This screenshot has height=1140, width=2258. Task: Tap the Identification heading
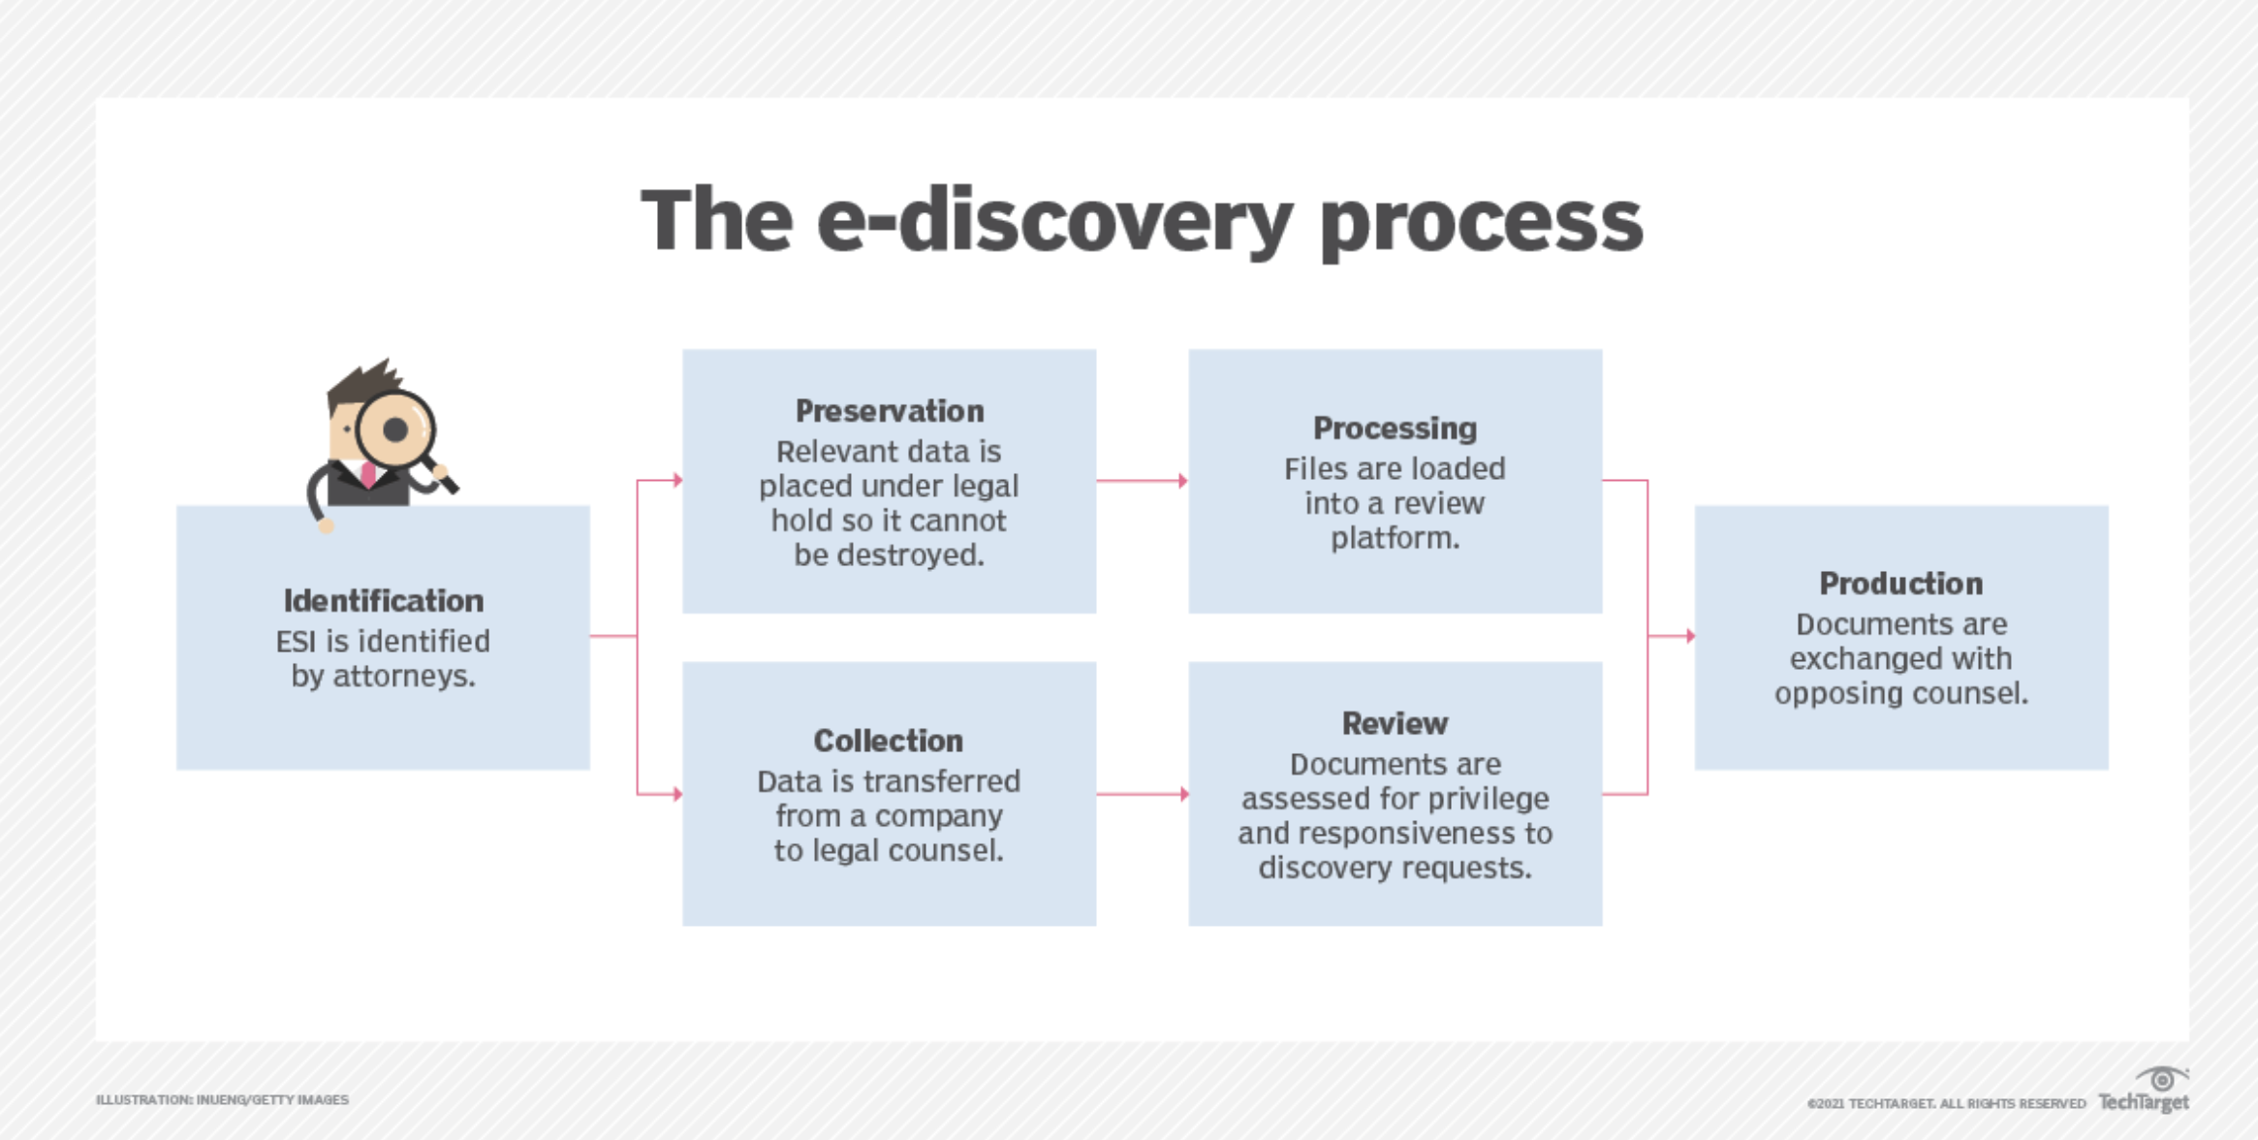tap(383, 601)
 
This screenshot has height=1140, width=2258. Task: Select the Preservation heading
tap(890, 411)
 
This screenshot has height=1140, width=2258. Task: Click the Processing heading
tap(1395, 428)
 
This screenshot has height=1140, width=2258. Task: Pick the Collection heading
tap(889, 741)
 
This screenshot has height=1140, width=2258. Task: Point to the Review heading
tap(1395, 723)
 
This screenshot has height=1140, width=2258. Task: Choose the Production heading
tap(1900, 584)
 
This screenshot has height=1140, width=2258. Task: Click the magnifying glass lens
tap(395, 429)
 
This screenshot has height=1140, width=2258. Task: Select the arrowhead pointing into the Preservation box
tap(678, 480)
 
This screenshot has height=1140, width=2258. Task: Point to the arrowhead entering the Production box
tap(1690, 636)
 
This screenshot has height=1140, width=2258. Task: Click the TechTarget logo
tap(2144, 1092)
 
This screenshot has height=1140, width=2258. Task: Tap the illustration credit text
tap(222, 1100)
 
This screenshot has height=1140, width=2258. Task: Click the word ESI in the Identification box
tap(297, 641)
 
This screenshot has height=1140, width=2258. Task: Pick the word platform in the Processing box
tap(1395, 538)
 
